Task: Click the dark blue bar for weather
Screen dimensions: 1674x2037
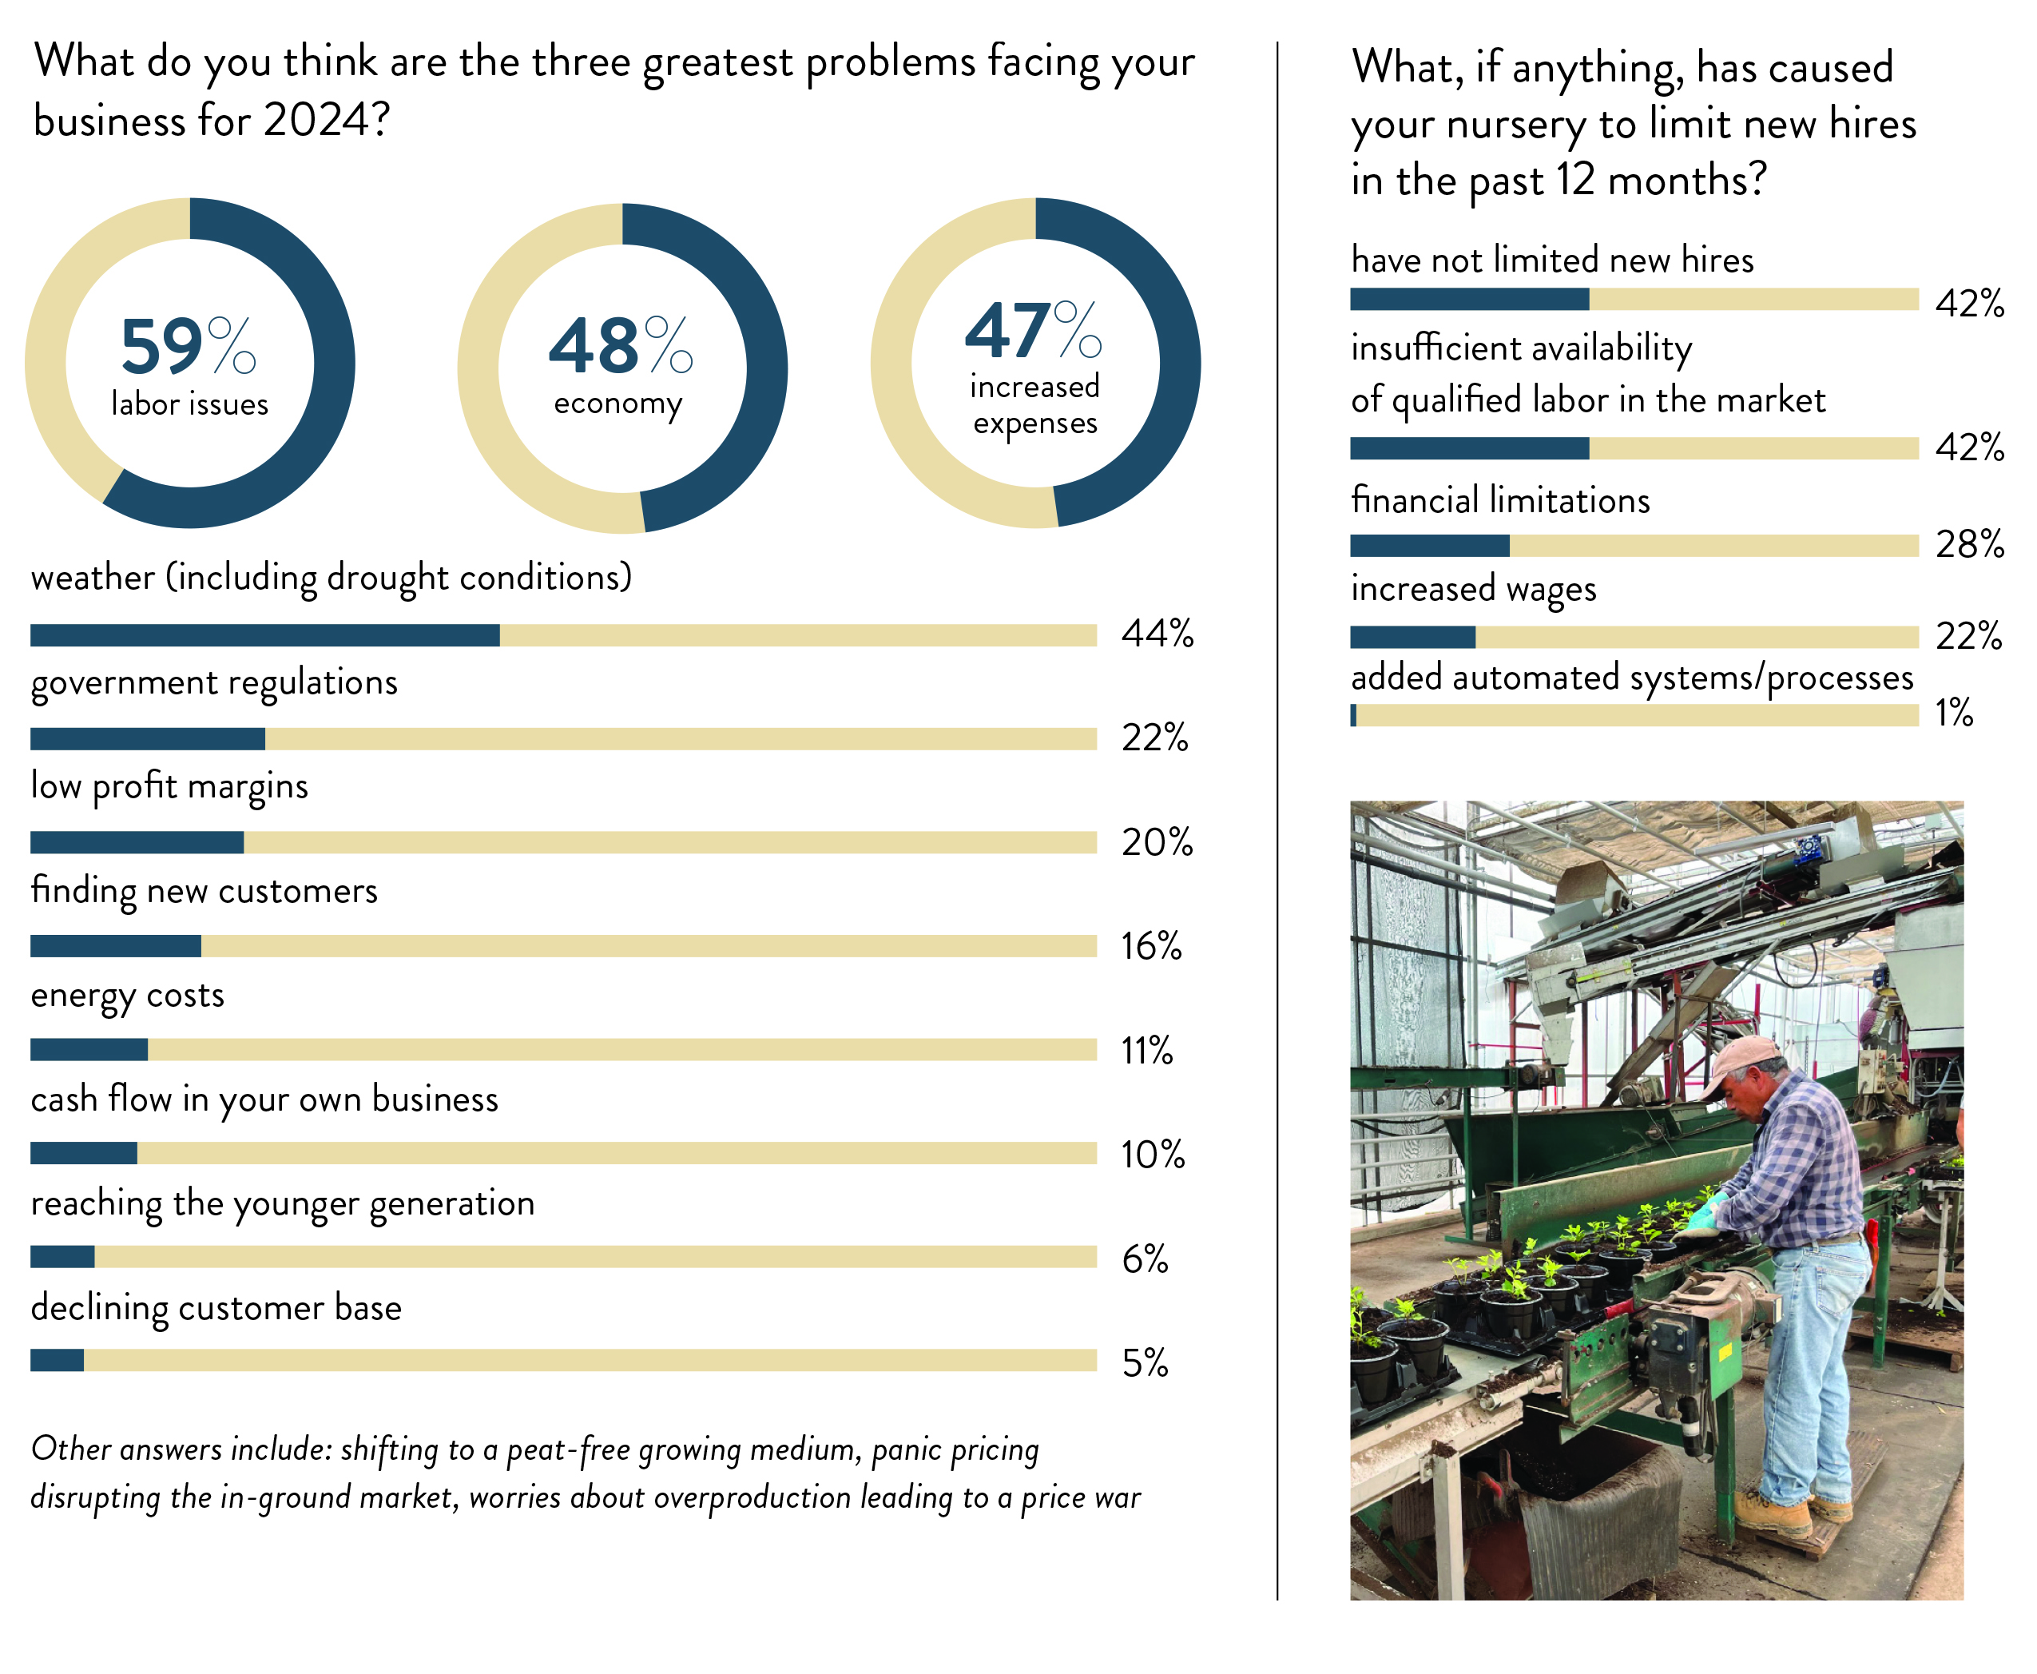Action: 264,634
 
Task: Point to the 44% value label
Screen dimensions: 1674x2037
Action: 1157,634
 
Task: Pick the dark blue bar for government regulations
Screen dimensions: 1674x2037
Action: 148,738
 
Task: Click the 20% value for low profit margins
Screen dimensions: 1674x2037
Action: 1157,843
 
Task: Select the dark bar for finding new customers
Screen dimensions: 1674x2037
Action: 116,946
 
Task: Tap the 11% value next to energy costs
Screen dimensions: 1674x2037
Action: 1147,1050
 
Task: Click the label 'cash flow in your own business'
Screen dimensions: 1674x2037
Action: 264,1099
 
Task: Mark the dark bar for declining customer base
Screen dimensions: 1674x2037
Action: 57,1361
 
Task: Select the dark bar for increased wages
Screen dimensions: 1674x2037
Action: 1412,636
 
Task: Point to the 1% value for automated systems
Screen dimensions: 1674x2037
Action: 1954,713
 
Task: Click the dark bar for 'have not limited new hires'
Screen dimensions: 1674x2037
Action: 1469,300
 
